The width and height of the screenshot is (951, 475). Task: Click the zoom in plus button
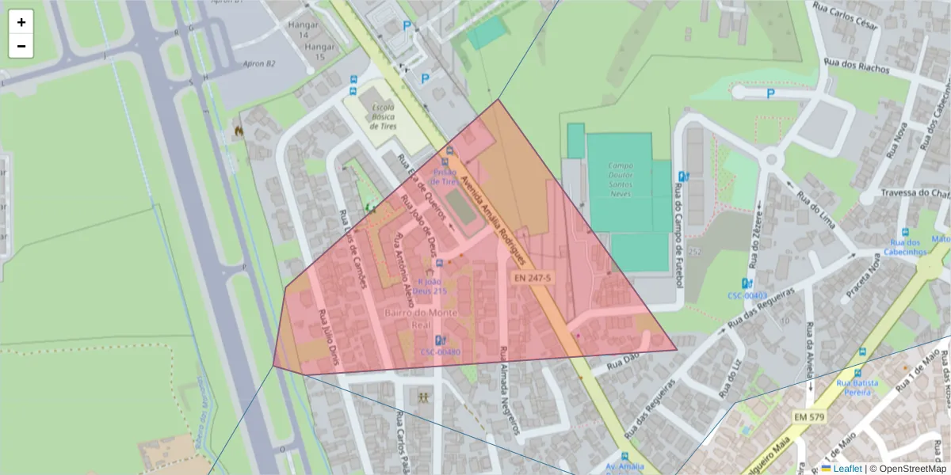[21, 22]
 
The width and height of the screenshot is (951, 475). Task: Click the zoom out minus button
[21, 46]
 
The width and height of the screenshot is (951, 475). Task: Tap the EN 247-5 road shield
[532, 278]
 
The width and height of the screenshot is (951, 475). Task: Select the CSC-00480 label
[441, 351]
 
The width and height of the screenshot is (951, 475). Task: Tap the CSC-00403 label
[747, 296]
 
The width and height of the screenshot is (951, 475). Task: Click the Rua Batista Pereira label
[860, 387]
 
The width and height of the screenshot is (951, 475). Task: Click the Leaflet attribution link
[847, 469]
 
